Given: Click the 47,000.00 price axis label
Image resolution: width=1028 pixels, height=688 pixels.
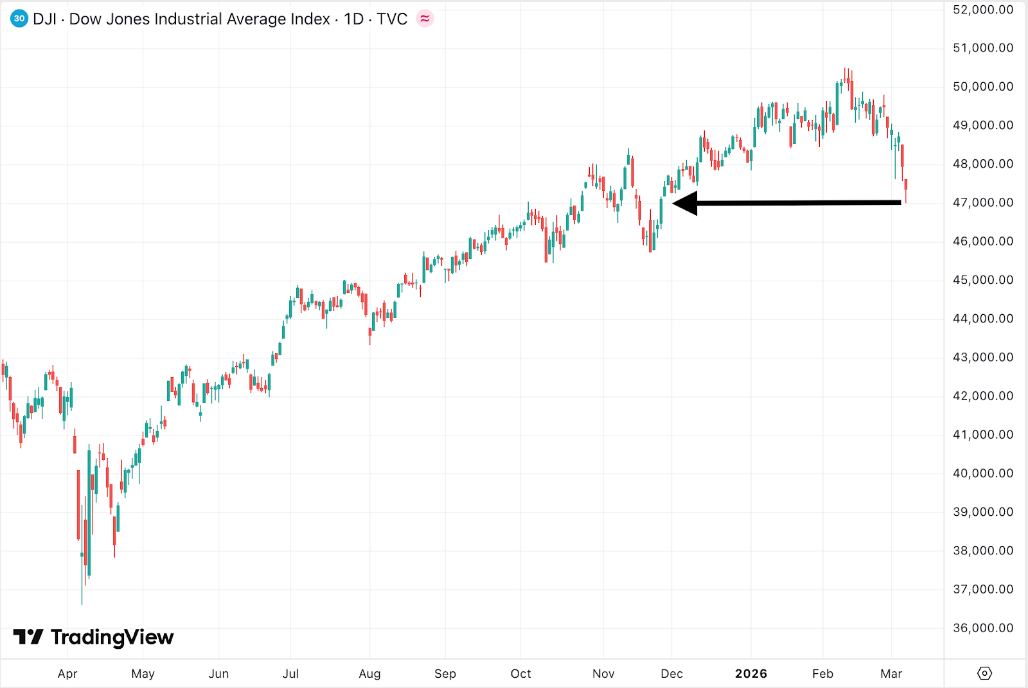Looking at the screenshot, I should (982, 202).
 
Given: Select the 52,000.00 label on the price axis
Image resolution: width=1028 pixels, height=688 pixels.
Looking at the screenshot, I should (982, 10).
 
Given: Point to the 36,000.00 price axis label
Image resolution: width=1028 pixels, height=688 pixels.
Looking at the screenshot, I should (982, 628).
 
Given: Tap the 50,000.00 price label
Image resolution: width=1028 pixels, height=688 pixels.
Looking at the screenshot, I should (982, 87).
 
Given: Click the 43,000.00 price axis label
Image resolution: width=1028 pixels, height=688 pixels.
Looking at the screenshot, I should (982, 357).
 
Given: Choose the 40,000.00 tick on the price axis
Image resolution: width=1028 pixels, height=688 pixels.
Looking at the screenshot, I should (982, 473).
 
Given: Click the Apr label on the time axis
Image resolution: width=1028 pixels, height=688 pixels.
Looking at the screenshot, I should (67, 674).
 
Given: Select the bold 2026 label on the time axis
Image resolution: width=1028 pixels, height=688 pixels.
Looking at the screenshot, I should (751, 674).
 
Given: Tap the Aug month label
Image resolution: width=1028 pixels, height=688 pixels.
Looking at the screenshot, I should (369, 674).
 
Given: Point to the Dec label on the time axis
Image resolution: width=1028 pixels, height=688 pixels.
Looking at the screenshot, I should (671, 674).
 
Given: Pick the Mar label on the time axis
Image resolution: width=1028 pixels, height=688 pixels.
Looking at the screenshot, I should (891, 674).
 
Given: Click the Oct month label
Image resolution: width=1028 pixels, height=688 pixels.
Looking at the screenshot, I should (520, 674).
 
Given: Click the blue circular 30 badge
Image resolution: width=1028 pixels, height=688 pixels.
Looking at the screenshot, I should (19, 19).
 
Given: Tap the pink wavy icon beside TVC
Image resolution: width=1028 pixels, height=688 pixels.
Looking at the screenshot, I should (425, 19).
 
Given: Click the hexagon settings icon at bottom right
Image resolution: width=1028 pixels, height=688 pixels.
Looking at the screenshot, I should (984, 673).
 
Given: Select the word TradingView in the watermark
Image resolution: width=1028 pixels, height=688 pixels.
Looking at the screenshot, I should (112, 637).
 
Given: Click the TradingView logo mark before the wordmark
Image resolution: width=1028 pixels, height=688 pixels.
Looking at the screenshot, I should (28, 637).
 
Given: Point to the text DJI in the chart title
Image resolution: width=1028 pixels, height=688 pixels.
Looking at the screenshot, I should (44, 19).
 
